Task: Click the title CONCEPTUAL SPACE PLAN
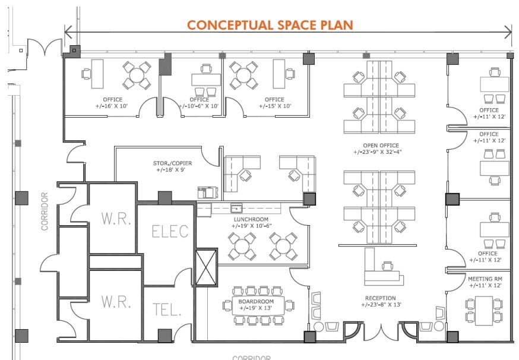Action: [x=270, y=25]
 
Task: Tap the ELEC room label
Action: [x=170, y=230]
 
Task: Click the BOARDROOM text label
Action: [x=256, y=301]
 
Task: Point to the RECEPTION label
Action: [x=381, y=298]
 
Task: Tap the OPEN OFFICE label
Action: [x=381, y=145]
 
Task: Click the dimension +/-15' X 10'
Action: [x=274, y=106]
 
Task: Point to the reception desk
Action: [x=380, y=270]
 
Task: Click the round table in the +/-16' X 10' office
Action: [x=137, y=75]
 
